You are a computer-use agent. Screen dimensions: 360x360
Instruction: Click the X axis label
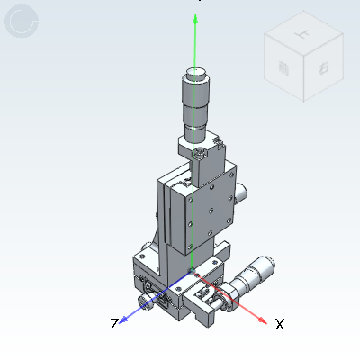(x=279, y=323)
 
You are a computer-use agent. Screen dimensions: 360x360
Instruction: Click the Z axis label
(x=114, y=323)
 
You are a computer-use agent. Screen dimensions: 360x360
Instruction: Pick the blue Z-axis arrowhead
(x=126, y=319)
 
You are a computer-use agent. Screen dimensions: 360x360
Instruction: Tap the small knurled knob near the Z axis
(x=143, y=297)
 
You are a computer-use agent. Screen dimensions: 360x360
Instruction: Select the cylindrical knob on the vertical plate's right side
(x=243, y=191)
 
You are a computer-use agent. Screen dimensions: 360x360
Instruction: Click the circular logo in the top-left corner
(x=22, y=22)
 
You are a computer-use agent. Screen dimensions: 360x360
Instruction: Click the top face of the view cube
(x=302, y=38)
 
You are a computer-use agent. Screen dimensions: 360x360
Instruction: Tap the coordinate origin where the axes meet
(x=192, y=274)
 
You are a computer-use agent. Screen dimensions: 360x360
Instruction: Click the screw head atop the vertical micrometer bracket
(x=200, y=156)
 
